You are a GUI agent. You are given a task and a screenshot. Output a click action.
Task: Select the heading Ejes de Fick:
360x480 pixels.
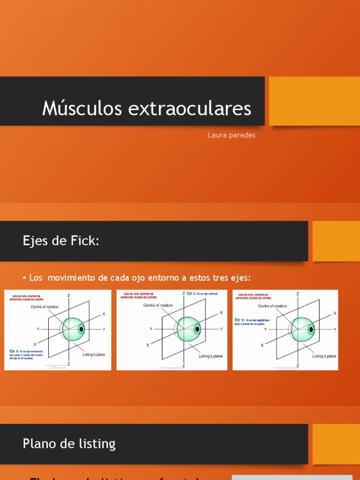61,241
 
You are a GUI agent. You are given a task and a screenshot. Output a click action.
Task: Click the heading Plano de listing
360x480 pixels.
69,443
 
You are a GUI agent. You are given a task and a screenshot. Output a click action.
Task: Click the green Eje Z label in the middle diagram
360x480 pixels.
191,293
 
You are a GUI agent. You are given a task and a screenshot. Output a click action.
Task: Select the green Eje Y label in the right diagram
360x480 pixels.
239,321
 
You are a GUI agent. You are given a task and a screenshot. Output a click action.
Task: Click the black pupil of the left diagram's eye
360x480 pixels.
82,329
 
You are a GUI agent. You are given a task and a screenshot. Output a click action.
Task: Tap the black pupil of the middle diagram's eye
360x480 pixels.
197,329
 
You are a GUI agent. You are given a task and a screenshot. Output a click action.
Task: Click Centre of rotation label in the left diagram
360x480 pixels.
45,307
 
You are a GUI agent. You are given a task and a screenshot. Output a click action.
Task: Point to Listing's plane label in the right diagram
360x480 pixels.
324,356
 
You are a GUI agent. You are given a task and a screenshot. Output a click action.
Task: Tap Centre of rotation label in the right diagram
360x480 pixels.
272,306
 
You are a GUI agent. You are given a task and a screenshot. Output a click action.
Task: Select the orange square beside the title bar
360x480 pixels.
314,101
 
